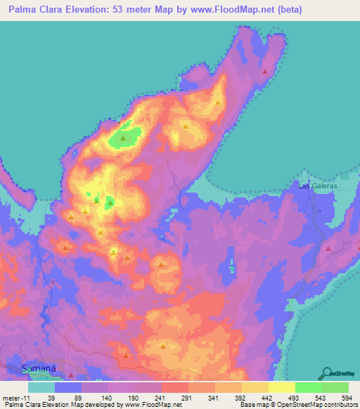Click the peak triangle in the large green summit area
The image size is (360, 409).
point(124,138)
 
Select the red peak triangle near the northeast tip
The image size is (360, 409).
point(264,72)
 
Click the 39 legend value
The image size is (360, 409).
point(51,398)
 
